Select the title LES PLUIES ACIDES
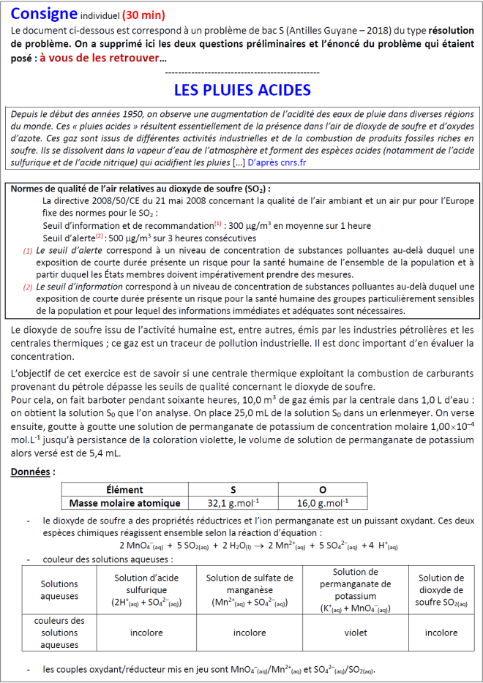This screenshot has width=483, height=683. point(241,90)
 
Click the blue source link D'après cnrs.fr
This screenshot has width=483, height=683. point(284,162)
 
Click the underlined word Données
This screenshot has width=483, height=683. point(32,472)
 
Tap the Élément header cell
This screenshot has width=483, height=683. point(124,489)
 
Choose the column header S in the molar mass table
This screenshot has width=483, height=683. point(233,489)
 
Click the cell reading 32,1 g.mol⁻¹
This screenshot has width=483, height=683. point(233,502)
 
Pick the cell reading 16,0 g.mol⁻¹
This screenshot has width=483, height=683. point(323,502)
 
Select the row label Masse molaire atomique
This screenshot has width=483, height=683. point(124,502)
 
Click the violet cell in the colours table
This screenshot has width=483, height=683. point(356,633)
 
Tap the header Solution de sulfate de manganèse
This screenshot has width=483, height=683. point(250,589)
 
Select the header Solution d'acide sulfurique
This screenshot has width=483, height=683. point(146,589)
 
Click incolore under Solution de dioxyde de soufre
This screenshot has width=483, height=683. point(441,633)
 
